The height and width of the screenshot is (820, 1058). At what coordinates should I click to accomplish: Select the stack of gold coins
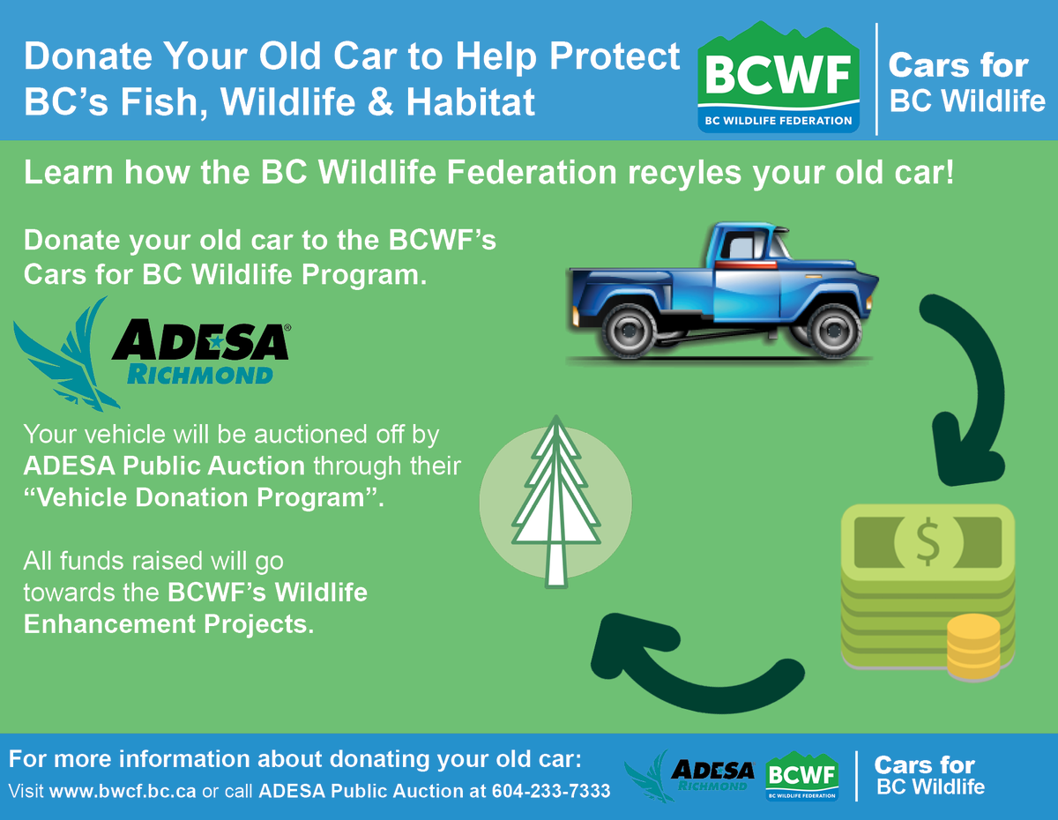(973, 648)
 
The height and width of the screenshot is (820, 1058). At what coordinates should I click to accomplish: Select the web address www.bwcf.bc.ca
(123, 792)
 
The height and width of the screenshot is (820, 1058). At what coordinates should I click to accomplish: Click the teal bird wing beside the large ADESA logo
(66, 357)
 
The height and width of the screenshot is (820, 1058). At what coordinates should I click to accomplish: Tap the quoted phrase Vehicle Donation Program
(204, 497)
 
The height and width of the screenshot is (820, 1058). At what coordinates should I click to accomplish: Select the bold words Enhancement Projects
(168, 624)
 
